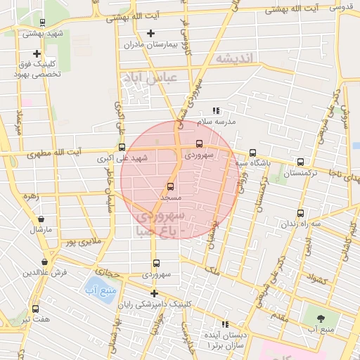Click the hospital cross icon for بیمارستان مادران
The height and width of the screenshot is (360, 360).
[x=150, y=33]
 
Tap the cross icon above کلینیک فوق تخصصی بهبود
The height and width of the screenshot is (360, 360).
[x=37, y=53]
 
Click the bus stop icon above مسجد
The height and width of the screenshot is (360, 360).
[x=169, y=186]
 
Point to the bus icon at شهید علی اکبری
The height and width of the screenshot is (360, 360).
[x=122, y=148]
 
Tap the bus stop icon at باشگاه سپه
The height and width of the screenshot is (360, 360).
[x=252, y=153]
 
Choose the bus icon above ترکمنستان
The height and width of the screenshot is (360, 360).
[x=301, y=162]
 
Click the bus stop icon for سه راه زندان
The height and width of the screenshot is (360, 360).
[x=301, y=213]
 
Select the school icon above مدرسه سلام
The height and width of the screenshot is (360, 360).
[x=217, y=110]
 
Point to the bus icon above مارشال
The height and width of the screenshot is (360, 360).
[x=37, y=218]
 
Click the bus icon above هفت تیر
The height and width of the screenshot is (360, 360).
[x=35, y=308]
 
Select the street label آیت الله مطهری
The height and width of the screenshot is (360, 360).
[x=53, y=152]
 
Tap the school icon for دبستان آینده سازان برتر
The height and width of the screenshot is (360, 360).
[x=225, y=324]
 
